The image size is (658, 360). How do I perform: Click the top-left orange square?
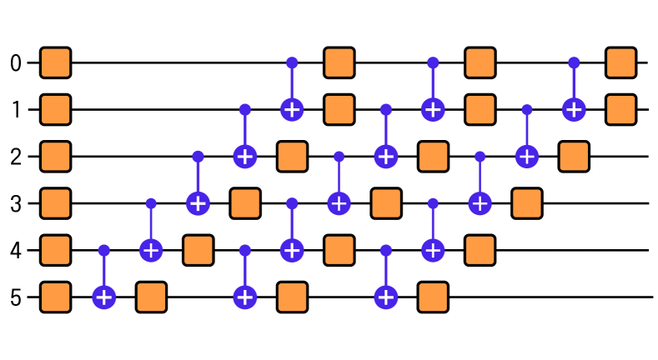56,62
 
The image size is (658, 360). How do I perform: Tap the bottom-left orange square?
56,297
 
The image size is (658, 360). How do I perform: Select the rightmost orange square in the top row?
620,62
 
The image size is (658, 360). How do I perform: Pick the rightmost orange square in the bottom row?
433,297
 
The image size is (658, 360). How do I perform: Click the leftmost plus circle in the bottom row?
104,297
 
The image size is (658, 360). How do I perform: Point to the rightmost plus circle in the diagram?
574,109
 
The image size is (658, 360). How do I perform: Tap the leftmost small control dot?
104,250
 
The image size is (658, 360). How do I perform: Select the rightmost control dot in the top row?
574,62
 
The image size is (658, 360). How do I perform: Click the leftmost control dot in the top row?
292,62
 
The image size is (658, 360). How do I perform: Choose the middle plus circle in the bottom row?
245,297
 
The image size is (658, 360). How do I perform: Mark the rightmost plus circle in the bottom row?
386,297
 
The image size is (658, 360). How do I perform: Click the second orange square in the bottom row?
151,297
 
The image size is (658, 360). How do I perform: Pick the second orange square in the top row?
339,62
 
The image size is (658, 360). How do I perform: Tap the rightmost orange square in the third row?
574,157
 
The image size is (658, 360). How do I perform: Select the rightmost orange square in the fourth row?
527,203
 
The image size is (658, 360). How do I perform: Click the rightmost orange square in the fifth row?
480,250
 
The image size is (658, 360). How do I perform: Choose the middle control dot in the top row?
433,62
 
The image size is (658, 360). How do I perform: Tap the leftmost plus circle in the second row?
292,109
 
